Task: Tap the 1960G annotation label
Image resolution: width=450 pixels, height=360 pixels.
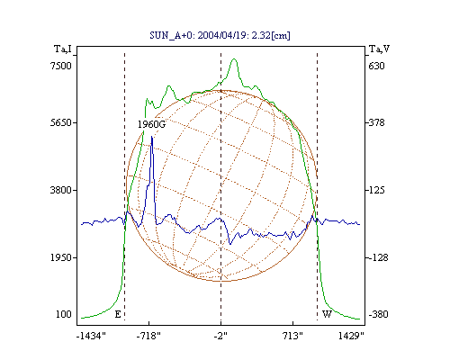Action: [x=151, y=124]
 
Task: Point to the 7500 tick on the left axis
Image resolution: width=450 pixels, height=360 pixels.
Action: [x=61, y=66]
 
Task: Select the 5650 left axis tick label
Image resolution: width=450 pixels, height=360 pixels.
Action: [x=61, y=122]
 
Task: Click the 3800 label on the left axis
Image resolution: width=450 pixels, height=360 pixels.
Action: [x=61, y=190]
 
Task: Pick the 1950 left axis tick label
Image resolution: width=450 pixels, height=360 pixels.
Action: [x=61, y=257]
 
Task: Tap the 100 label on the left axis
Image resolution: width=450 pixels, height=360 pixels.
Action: [x=64, y=314]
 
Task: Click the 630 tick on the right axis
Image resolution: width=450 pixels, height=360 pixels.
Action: [x=376, y=66]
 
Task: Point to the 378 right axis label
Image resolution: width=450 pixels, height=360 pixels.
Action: [x=376, y=122]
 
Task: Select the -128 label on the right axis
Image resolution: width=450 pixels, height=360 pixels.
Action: [x=378, y=257]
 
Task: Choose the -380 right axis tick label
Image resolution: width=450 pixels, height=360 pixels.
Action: [x=378, y=314]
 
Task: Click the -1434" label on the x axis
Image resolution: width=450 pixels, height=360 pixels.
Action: [x=91, y=336]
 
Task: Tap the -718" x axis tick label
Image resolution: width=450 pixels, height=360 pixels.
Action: [x=148, y=336]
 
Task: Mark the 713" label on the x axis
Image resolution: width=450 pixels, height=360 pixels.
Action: [x=292, y=336]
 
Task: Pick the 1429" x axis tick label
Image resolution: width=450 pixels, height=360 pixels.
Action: [x=351, y=336]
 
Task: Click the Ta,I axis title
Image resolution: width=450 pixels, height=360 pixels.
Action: [x=63, y=49]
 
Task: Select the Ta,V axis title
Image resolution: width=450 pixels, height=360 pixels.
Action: [x=380, y=49]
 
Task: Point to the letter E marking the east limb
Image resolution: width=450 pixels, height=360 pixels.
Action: [x=118, y=314]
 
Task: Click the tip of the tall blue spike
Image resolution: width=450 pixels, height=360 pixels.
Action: [x=152, y=137]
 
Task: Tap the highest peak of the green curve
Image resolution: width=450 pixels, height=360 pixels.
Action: [x=234, y=59]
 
